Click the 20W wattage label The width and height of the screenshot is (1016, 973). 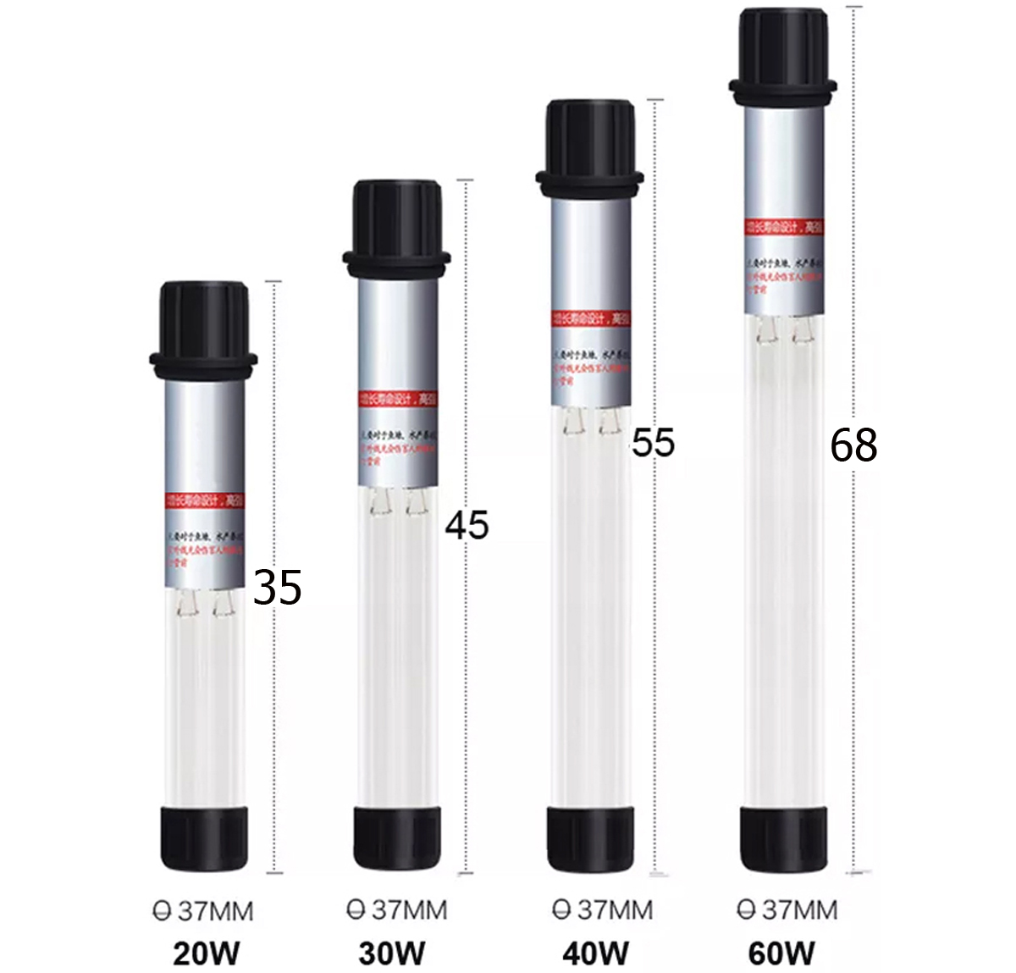click(x=206, y=954)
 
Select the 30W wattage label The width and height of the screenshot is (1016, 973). click(x=392, y=954)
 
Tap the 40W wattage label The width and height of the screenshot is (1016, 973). click(x=595, y=954)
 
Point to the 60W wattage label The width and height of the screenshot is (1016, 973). click(x=781, y=954)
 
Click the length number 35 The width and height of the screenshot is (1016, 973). click(x=278, y=587)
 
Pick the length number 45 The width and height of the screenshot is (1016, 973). click(x=467, y=525)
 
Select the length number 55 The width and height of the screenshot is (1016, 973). click(x=654, y=443)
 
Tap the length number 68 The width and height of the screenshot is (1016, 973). click(x=853, y=445)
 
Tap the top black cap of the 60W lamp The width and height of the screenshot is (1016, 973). click(x=783, y=51)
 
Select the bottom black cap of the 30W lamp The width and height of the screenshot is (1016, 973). click(x=397, y=838)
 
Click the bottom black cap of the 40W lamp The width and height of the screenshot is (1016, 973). click(x=590, y=838)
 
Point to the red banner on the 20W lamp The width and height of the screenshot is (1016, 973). click(x=204, y=500)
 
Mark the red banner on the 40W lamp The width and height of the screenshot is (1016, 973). click(x=590, y=319)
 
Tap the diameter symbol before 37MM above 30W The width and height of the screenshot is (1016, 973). click(x=356, y=910)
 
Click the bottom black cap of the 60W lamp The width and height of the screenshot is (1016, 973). click(x=783, y=838)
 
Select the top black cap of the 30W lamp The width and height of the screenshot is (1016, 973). click(x=396, y=222)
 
